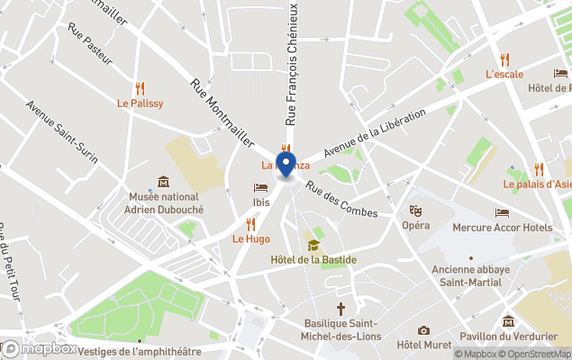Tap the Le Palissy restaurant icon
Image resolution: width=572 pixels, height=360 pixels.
[141, 88]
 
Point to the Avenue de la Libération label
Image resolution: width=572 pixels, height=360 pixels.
[374, 131]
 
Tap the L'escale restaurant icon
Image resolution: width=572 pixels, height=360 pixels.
[504, 59]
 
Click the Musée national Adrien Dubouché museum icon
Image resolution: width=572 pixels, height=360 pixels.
[163, 182]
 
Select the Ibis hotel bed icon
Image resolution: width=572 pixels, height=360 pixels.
[260, 187]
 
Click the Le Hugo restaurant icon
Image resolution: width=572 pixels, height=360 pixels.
[251, 224]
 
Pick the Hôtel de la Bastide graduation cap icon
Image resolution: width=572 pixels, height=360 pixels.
[313, 245]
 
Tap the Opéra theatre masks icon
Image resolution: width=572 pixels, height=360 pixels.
[415, 211]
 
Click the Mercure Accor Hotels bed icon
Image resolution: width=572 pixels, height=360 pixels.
[502, 213]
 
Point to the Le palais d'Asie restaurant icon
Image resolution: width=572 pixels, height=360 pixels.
[539, 169]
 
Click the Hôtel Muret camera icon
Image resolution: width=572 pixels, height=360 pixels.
[423, 330]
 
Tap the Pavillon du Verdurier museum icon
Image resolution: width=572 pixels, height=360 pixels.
[509, 321]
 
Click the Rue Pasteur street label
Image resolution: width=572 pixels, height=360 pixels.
[90, 43]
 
